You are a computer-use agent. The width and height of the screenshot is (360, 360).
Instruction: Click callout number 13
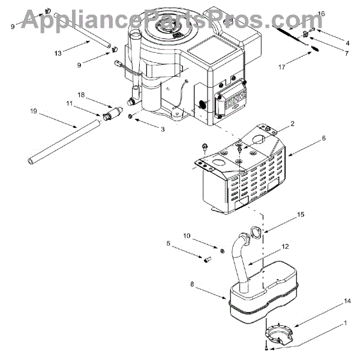pos(58,53)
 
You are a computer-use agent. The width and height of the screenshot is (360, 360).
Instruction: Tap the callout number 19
pos(33,111)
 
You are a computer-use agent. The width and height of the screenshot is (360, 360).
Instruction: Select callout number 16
pos(321,13)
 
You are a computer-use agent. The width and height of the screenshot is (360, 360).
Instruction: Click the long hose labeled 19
pos(60,142)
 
